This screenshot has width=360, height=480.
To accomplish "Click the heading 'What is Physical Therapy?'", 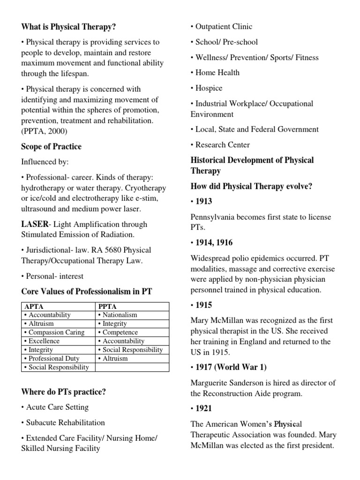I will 68,27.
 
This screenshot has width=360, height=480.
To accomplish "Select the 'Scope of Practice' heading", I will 51,147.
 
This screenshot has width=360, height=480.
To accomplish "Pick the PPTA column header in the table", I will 108,307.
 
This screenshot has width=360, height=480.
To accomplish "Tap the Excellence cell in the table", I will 44,341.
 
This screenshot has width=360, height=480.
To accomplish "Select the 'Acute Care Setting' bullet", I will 55,407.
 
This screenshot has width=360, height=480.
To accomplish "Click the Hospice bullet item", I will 207,88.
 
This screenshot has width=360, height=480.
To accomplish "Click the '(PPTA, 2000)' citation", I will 45,131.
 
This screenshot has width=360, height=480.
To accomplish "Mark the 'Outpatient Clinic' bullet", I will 221,27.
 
